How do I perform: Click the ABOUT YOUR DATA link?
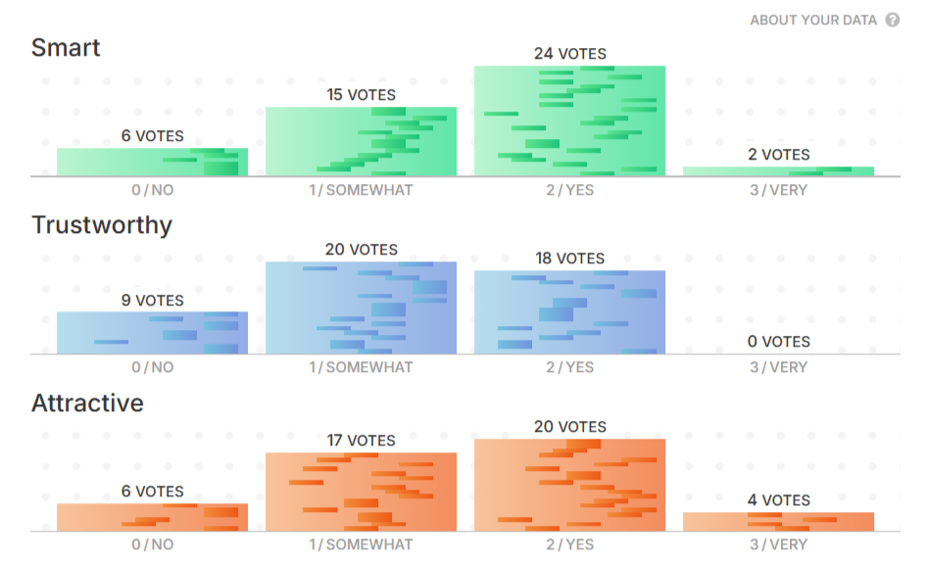pyautogui.click(x=812, y=20)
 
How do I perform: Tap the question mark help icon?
pyautogui.click(x=893, y=20)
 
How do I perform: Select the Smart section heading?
pyautogui.click(x=66, y=47)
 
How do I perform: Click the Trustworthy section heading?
pyautogui.click(x=102, y=225)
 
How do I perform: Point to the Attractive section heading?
pyautogui.click(x=87, y=402)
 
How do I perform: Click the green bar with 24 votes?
pyautogui.click(x=569, y=120)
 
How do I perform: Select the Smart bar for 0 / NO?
pyautogui.click(x=152, y=162)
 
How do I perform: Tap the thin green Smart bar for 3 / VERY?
pyautogui.click(x=778, y=171)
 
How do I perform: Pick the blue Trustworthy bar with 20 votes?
pyautogui.click(x=361, y=307)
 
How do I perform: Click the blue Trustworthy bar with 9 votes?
pyautogui.click(x=152, y=333)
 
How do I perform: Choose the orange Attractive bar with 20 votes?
pyautogui.click(x=569, y=485)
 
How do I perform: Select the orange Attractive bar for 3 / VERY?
pyautogui.click(x=778, y=522)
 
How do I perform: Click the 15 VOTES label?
pyautogui.click(x=361, y=95)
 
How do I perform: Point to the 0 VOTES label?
pyautogui.click(x=778, y=342)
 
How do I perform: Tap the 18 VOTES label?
pyautogui.click(x=569, y=259)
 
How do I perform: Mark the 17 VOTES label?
pyautogui.click(x=361, y=441)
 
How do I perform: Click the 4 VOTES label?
pyautogui.click(x=778, y=500)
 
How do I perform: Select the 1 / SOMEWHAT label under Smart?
pyautogui.click(x=361, y=190)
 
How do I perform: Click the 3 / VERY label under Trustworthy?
pyautogui.click(x=778, y=367)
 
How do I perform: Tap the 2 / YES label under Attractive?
pyautogui.click(x=569, y=544)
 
